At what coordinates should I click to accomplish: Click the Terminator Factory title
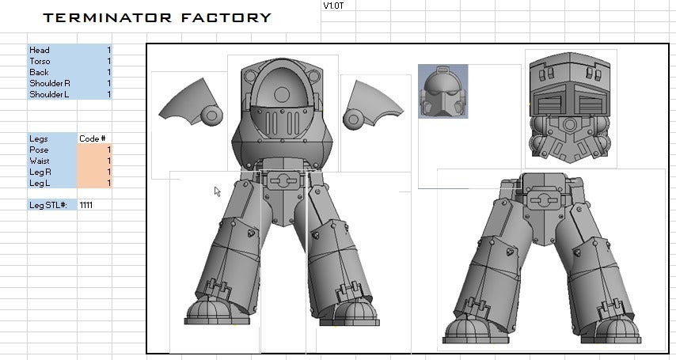157,17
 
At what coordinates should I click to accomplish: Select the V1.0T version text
332,6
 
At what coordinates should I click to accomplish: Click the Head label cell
52,50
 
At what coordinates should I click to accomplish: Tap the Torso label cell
52,61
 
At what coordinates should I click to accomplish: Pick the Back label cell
52,72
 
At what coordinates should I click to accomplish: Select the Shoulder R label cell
52,83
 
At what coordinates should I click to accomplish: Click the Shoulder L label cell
52,94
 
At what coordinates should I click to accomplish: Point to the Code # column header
93,138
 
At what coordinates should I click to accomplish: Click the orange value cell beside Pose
94,150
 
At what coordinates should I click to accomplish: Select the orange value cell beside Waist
94,161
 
